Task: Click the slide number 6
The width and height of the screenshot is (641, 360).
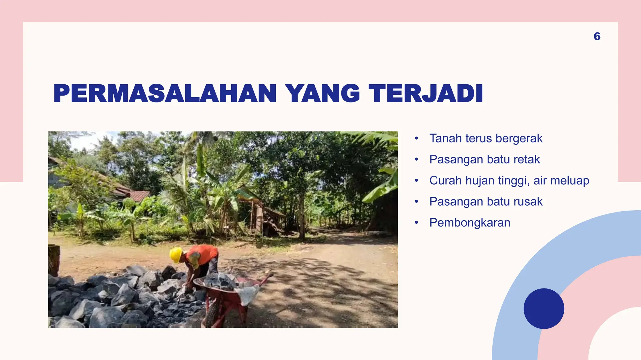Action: coord(597,36)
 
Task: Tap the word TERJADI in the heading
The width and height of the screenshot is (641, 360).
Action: coord(426,93)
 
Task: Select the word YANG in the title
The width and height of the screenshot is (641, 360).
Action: coord(322,93)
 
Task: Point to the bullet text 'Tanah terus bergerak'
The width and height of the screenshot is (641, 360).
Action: coord(486,138)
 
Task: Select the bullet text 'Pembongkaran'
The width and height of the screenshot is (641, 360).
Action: coord(470,222)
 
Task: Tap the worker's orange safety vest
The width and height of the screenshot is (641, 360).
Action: coord(203,254)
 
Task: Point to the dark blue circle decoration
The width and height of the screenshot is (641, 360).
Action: coord(544,308)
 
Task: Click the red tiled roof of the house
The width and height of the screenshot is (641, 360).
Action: coord(139,196)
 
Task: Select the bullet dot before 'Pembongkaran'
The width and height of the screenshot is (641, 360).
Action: coord(416,222)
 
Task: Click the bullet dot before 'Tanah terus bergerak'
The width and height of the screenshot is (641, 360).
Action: coord(416,138)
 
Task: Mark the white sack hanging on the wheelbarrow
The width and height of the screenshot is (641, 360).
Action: coord(248,294)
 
